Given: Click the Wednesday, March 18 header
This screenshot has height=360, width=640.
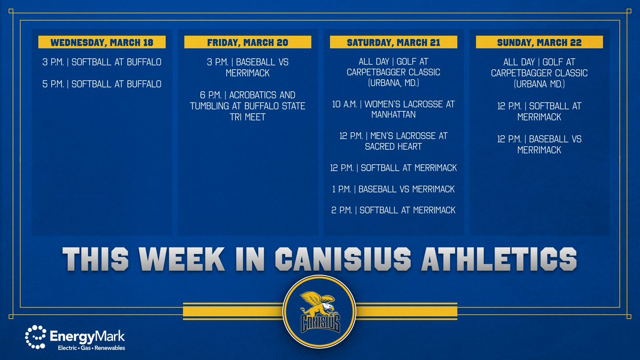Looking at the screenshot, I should point(102,43).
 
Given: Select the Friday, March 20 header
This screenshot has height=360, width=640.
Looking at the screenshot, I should point(247,43).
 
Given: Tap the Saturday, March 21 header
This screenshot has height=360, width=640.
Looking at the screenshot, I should point(393,43).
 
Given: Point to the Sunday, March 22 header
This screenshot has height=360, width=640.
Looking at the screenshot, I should point(539,43).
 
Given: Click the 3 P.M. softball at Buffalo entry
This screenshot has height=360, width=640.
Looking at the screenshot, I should point(102,62).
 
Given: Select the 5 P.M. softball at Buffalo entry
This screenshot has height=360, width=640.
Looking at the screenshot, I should point(102,84).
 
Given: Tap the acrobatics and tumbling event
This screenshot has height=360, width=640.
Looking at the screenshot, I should point(247,106).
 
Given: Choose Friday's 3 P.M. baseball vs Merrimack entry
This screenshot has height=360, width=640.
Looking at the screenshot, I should point(247,68).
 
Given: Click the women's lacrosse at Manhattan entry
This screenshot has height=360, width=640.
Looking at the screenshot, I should point(393,109).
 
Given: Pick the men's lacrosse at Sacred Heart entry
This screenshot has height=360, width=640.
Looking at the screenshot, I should point(393,141).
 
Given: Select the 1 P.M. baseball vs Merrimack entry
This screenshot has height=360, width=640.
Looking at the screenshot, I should point(393,189).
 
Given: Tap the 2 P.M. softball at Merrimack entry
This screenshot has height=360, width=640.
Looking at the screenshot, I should point(393,210).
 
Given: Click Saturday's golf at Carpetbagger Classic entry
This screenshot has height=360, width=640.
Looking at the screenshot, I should point(393,72).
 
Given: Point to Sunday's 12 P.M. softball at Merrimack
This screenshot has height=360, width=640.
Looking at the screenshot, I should point(539,111).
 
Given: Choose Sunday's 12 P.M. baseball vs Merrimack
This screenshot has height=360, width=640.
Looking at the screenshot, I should point(539,145).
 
